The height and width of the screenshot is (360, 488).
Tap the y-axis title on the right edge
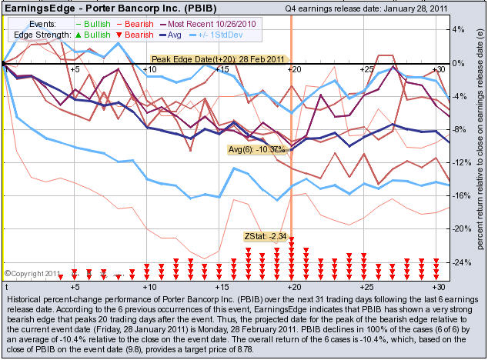[x=478, y=146]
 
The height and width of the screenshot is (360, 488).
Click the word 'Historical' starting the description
[x=25, y=298]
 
